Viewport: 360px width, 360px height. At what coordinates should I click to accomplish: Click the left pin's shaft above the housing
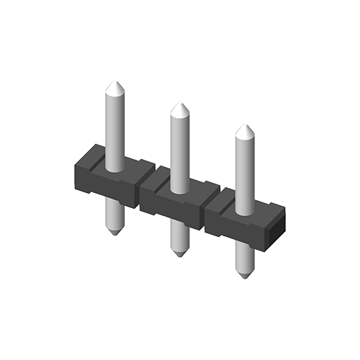[x=114, y=130]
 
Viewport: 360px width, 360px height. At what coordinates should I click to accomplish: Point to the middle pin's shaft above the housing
[x=179, y=151]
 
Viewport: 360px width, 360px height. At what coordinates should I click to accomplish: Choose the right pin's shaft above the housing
[x=246, y=173]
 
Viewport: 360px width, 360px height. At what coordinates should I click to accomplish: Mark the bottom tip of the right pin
[x=245, y=276]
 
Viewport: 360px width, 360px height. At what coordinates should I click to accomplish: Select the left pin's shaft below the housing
[x=114, y=215]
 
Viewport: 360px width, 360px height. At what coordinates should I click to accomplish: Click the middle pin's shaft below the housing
[x=179, y=236]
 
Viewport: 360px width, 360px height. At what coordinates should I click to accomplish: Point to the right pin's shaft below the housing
[x=245, y=258]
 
